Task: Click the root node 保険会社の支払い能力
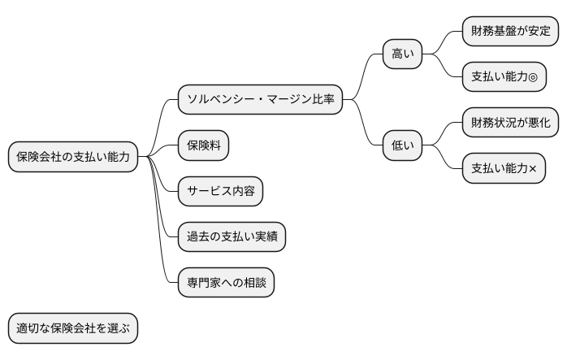click(x=73, y=157)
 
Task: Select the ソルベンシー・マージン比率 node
click(x=260, y=100)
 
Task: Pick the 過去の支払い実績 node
click(x=232, y=236)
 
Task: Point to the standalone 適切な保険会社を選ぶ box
click(x=73, y=329)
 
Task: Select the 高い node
click(x=403, y=54)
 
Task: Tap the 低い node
click(x=403, y=145)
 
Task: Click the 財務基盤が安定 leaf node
click(x=510, y=32)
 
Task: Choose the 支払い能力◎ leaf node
click(x=504, y=77)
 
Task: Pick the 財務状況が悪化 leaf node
click(x=510, y=123)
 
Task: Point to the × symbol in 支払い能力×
click(x=535, y=169)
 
